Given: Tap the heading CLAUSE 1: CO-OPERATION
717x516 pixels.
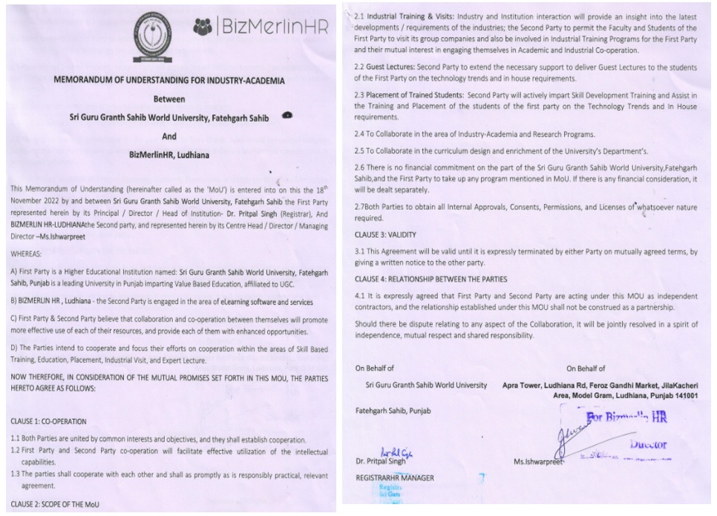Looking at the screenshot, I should pos(49,420).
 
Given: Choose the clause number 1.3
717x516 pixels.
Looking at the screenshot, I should pos(16,473).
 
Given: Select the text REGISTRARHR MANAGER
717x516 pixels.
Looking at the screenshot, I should pos(394,477).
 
